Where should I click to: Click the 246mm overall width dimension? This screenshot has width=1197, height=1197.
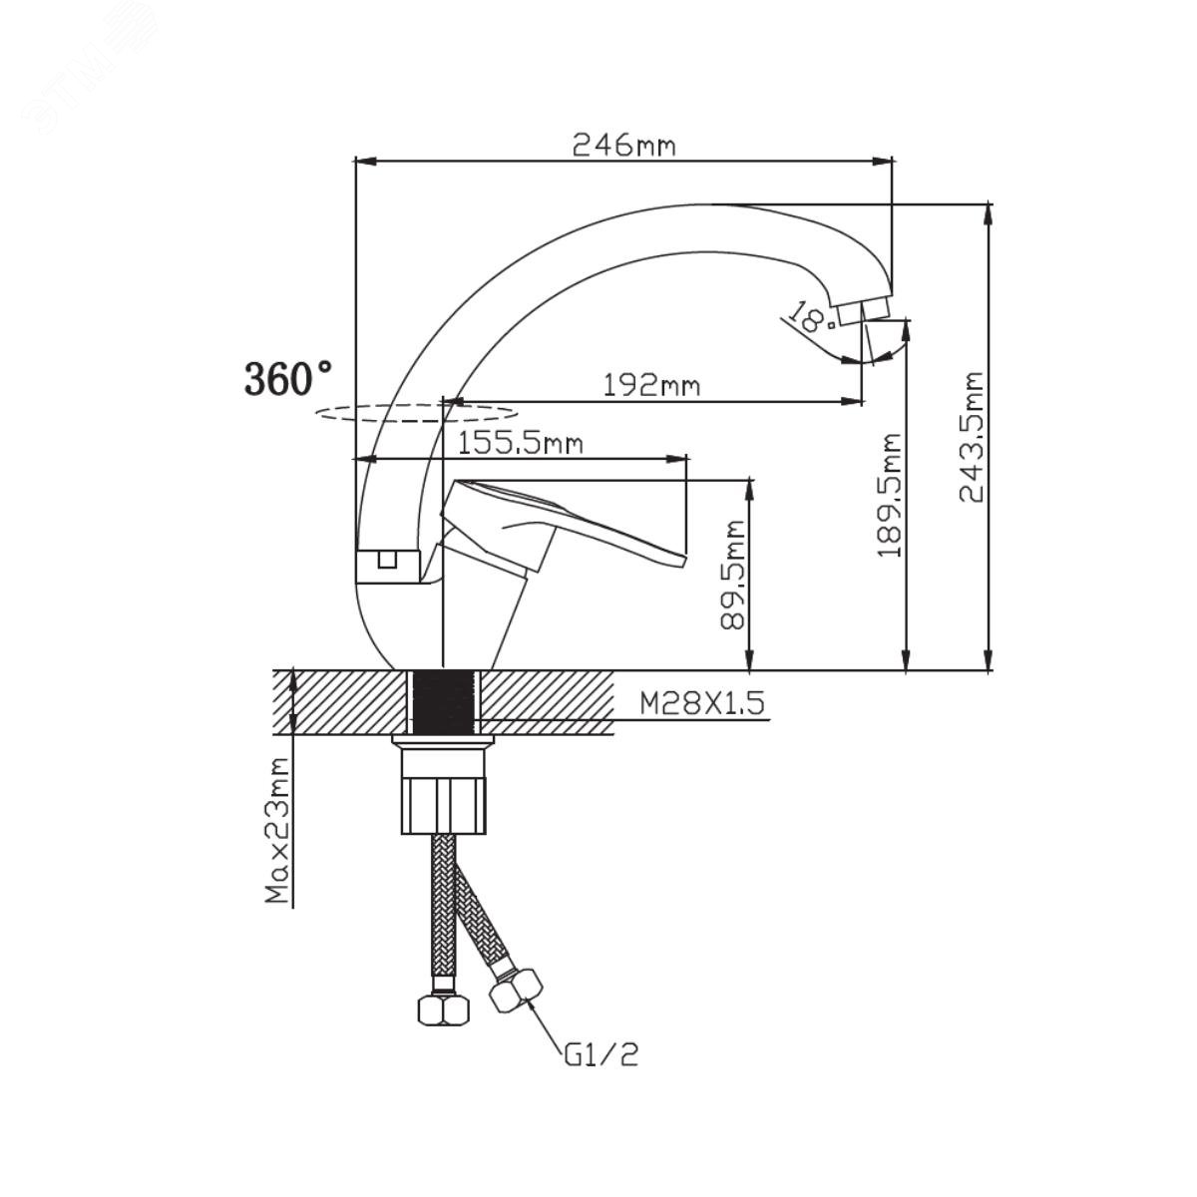coord(623,147)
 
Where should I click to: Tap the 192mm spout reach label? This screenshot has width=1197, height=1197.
coord(651,386)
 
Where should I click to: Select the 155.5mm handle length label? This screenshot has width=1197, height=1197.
coord(520,444)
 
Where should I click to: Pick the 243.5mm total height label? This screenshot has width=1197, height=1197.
coord(972,437)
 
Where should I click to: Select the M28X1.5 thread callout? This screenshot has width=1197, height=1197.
coord(702,704)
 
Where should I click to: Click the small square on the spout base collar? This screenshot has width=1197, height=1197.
coord(387,559)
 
